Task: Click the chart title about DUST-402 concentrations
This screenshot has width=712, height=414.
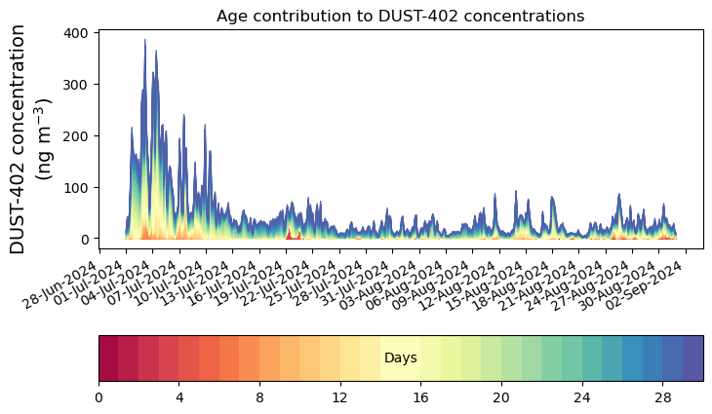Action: pyautogui.click(x=400, y=16)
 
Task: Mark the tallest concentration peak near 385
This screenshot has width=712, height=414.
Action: pyautogui.click(x=145, y=41)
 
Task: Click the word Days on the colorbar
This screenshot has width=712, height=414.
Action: pyautogui.click(x=400, y=358)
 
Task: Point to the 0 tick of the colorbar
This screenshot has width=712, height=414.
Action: pyautogui.click(x=99, y=397)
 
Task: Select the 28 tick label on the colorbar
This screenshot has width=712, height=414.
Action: pyautogui.click(x=662, y=397)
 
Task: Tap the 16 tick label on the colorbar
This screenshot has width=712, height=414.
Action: pyautogui.click(x=420, y=397)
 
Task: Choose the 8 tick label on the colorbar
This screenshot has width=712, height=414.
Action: pyautogui.click(x=259, y=397)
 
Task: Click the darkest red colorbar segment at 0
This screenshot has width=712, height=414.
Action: pyautogui.click(x=108, y=358)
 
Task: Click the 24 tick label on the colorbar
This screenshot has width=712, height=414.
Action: pyautogui.click(x=581, y=397)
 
